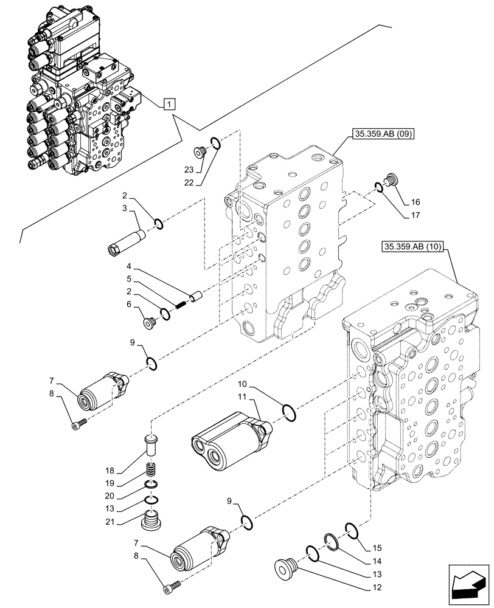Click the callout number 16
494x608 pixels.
pyautogui.click(x=415, y=202)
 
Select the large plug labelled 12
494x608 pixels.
pyautogui.click(x=283, y=569)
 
